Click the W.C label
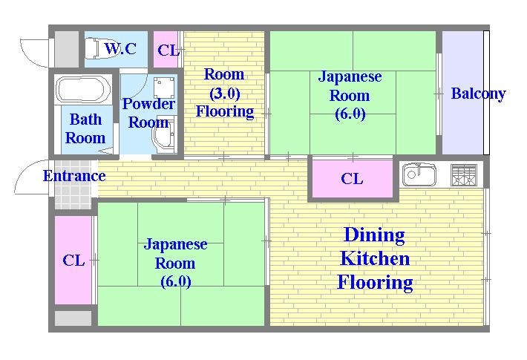[120, 50]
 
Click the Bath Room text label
[85, 128]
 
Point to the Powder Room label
[148, 113]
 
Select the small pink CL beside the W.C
[168, 50]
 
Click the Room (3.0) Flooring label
[224, 93]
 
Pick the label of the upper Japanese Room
[350, 95]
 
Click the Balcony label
[478, 94]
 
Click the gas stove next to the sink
[464, 175]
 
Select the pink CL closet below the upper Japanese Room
[352, 179]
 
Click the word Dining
[374, 235]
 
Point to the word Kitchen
[374, 259]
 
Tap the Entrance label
[73, 176]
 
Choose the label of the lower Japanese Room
[175, 263]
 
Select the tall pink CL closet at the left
[73, 261]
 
